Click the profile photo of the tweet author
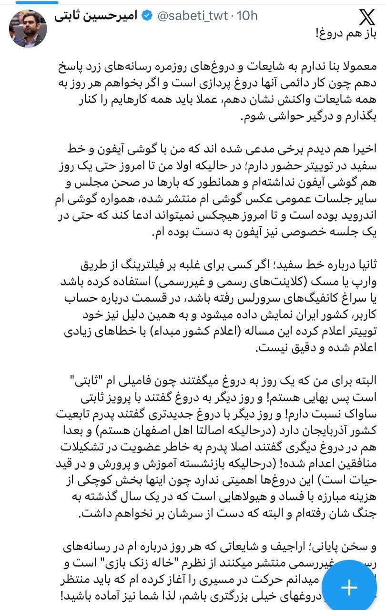pyautogui.click(x=28, y=28)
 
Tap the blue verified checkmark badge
pyautogui.click(x=148, y=16)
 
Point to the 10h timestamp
pyautogui.click(x=247, y=16)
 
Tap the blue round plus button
pyautogui.click(x=349, y=587)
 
